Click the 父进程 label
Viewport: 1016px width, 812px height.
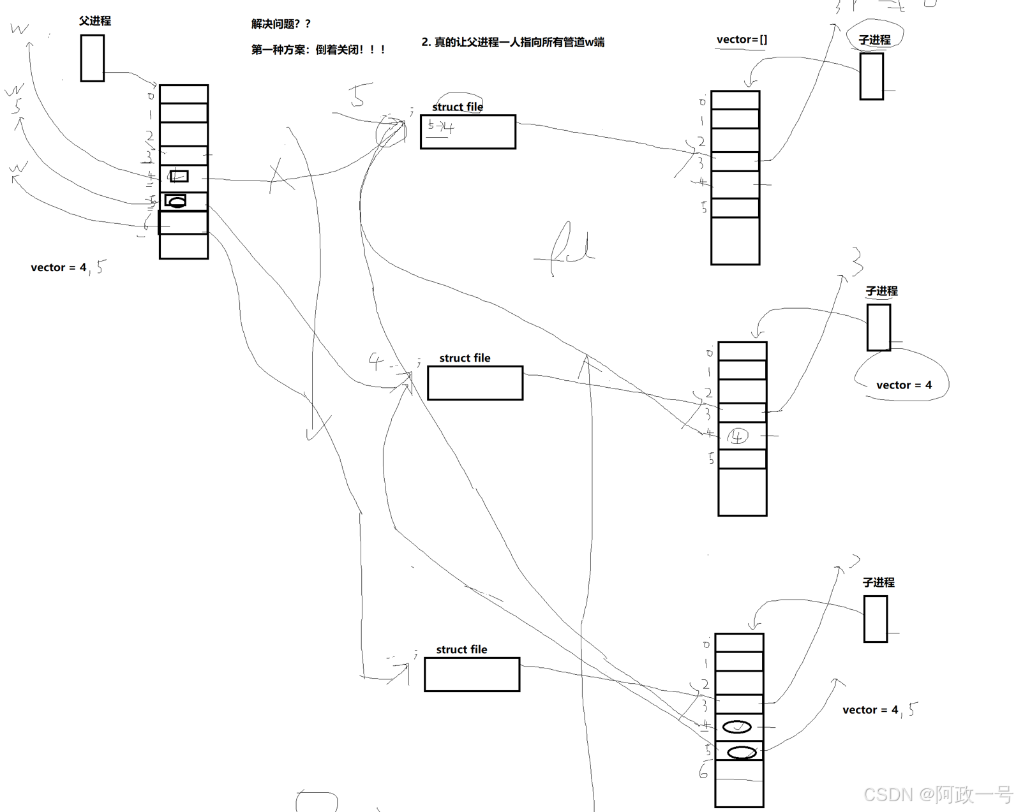[x=94, y=20]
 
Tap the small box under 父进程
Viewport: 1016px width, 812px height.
[x=92, y=58]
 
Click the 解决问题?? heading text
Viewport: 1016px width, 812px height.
[x=281, y=24]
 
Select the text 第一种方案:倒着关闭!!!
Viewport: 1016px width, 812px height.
[x=318, y=49]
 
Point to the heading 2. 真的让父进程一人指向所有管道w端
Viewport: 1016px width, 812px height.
[x=512, y=42]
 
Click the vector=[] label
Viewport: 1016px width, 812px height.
[x=742, y=40]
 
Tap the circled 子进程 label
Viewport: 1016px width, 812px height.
[x=874, y=40]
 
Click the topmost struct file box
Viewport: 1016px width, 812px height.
[x=468, y=132]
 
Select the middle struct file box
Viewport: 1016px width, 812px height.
[x=475, y=383]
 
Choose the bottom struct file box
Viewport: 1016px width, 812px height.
[x=472, y=674]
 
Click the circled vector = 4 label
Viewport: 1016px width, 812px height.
[x=903, y=385]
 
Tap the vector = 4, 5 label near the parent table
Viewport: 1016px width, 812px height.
[x=67, y=267]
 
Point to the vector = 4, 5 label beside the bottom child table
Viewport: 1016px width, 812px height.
[x=879, y=709]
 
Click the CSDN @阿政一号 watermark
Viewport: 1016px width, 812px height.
[x=937, y=794]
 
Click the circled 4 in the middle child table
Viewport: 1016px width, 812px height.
[x=738, y=436]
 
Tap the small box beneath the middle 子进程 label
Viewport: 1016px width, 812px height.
[x=878, y=327]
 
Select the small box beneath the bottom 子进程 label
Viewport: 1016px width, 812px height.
[x=875, y=619]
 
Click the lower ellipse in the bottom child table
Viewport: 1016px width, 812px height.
[x=742, y=753]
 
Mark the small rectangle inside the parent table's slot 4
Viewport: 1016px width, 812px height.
[x=179, y=175]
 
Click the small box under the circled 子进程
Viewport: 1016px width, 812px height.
[x=871, y=76]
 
